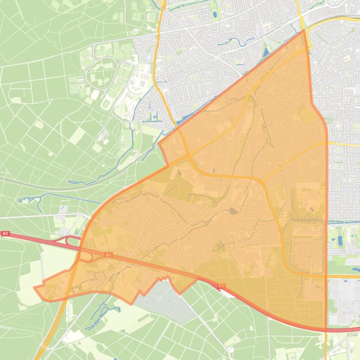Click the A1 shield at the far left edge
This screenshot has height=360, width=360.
coord(5,233)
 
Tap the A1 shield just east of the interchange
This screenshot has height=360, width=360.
coord(108,255)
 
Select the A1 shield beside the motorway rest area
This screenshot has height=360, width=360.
coord(221,286)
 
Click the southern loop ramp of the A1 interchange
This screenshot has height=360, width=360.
coord(85,257)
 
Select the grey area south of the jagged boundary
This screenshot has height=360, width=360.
coord(164,299)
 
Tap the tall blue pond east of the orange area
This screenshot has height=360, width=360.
coord(340,241)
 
